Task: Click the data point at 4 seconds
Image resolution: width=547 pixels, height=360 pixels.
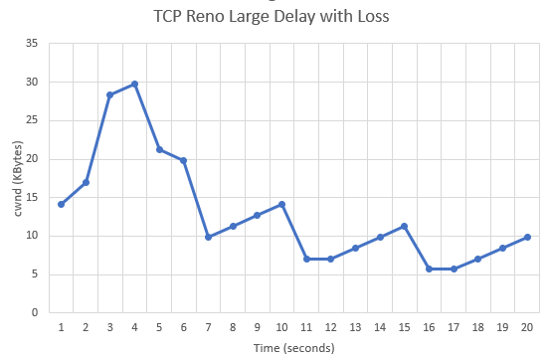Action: click(x=134, y=84)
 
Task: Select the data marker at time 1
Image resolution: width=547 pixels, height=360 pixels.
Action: click(x=61, y=204)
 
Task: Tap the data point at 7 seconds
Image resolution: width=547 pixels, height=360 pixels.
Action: click(x=208, y=237)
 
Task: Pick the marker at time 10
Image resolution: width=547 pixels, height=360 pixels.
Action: click(x=281, y=204)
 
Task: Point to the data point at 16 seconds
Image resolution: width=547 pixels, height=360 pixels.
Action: click(x=429, y=269)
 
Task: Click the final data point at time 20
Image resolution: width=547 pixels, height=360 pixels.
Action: click(x=527, y=237)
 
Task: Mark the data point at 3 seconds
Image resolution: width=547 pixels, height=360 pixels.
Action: click(x=109, y=94)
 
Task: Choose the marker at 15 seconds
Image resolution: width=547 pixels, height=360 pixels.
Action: click(x=405, y=226)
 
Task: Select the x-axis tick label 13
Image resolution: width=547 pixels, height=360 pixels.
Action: click(x=355, y=327)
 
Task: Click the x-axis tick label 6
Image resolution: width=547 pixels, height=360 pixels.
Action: click(x=183, y=327)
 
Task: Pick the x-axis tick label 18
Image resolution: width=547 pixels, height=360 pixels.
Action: click(x=477, y=327)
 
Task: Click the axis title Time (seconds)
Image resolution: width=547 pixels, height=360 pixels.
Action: click(x=293, y=347)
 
